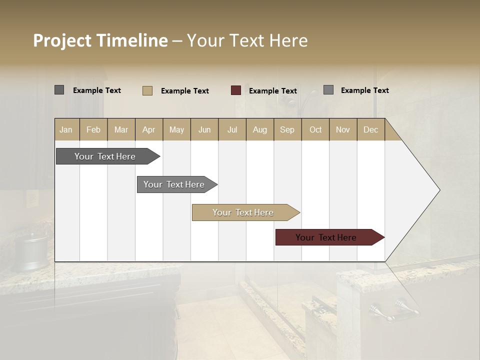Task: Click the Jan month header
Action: [66, 129]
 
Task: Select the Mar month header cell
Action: [121, 129]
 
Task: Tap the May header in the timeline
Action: [176, 129]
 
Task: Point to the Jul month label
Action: [232, 129]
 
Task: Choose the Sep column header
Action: [287, 129]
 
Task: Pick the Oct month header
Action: [315, 129]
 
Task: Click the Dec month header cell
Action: [370, 129]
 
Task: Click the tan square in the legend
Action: [147, 90]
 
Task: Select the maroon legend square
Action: [236, 90]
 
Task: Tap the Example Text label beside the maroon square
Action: [272, 91]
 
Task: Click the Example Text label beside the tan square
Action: [184, 91]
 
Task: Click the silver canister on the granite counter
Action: [31, 252]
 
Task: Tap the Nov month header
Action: [343, 129]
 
